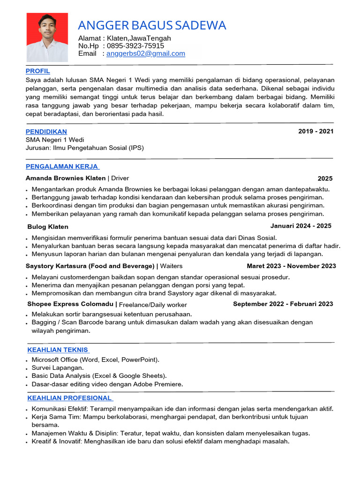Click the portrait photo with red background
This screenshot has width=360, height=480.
coord(47,37)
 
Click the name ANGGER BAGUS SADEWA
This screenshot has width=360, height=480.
coord(152,25)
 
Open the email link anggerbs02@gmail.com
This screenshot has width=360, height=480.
coord(146,53)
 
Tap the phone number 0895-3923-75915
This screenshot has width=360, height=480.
coord(135,46)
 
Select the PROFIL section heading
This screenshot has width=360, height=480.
coord(37,71)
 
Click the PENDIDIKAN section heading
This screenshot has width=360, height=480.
coord(46,132)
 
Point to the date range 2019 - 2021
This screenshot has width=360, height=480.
coord(315,131)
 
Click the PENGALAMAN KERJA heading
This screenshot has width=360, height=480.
coord(62,166)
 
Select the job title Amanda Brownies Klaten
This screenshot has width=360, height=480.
coord(66,178)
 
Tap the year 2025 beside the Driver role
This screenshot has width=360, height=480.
coord(325,179)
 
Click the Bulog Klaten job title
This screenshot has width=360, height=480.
coord(48,227)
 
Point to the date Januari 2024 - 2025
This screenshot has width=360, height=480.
coord(300,226)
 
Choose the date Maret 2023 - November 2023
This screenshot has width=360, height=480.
coord(291,266)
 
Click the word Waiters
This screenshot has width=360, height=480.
coord(171,266)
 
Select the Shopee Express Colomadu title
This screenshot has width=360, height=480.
coord(70,304)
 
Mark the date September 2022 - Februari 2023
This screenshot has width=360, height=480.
coord(283,304)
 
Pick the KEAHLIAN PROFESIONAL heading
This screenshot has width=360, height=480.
coord(70,398)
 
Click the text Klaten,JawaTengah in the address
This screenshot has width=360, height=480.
coord(139,38)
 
